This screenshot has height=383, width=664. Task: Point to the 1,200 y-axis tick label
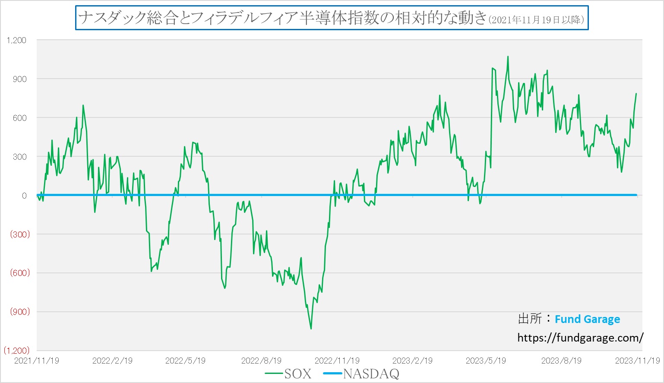[x=16, y=40]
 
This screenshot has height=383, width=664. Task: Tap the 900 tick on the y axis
[x=19, y=79]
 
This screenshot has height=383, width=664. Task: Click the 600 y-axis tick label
[x=19, y=118]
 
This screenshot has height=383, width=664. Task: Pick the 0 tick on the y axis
[x=24, y=196]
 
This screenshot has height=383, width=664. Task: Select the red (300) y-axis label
[x=20, y=234]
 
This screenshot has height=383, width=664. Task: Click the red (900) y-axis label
[x=20, y=312]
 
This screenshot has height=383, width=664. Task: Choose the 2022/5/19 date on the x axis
[x=185, y=361]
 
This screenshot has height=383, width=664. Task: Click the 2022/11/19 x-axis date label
[x=337, y=361]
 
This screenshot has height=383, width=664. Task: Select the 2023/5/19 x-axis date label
[x=486, y=361]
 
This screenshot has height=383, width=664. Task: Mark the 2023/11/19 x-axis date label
[x=637, y=361]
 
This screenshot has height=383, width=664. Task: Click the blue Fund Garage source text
[x=587, y=319]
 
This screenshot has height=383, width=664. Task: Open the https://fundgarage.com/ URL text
[x=580, y=338]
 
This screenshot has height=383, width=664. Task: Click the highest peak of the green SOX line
[x=508, y=57]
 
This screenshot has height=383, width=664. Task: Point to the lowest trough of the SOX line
[x=311, y=329]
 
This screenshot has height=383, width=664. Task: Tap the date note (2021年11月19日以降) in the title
[x=537, y=19]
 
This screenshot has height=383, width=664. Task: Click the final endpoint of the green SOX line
[x=636, y=94]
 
